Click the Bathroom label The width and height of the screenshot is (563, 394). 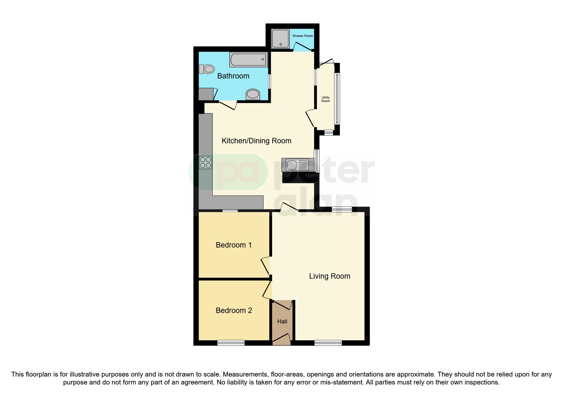(x=233, y=76)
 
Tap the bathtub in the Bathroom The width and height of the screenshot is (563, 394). (x=248, y=60)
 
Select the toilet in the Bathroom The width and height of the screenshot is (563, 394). (x=207, y=69)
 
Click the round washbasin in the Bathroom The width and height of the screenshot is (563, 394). (x=253, y=94)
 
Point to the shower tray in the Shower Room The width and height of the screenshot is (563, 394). (x=280, y=39)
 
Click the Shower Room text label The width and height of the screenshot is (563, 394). (x=302, y=36)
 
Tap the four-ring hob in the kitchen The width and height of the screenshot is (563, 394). (x=205, y=163)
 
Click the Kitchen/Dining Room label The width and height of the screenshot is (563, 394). (x=256, y=141)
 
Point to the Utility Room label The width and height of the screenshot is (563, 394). (x=326, y=99)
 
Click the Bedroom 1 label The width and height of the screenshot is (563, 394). (x=234, y=245)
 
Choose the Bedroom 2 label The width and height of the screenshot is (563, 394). (x=234, y=310)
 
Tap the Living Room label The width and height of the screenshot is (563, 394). (x=330, y=276)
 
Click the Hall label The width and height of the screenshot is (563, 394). (x=282, y=322)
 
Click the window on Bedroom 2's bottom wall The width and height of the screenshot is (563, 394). (x=231, y=343)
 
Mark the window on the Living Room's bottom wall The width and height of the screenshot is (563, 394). (x=328, y=343)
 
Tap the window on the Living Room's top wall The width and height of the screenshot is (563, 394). (x=342, y=209)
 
